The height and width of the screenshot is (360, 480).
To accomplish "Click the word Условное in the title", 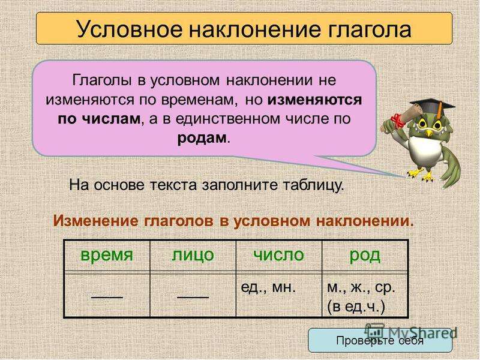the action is (130, 29).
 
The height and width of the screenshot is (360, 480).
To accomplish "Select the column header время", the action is (107, 254).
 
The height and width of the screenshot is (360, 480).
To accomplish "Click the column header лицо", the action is (193, 254).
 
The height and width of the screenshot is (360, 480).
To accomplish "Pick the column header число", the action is (279, 254).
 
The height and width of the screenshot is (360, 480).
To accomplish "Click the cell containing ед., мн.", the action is (279, 295).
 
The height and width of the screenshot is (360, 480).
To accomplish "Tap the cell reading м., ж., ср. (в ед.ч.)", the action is (365, 295).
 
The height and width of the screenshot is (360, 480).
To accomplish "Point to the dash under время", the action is (107, 297).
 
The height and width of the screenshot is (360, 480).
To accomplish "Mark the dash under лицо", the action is (193, 297).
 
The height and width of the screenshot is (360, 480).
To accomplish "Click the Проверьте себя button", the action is (380, 340).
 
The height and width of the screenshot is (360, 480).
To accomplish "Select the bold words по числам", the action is (99, 118).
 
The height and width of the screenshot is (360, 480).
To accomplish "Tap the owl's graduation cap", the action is (432, 106).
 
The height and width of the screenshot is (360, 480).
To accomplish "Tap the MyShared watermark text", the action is (412, 332).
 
